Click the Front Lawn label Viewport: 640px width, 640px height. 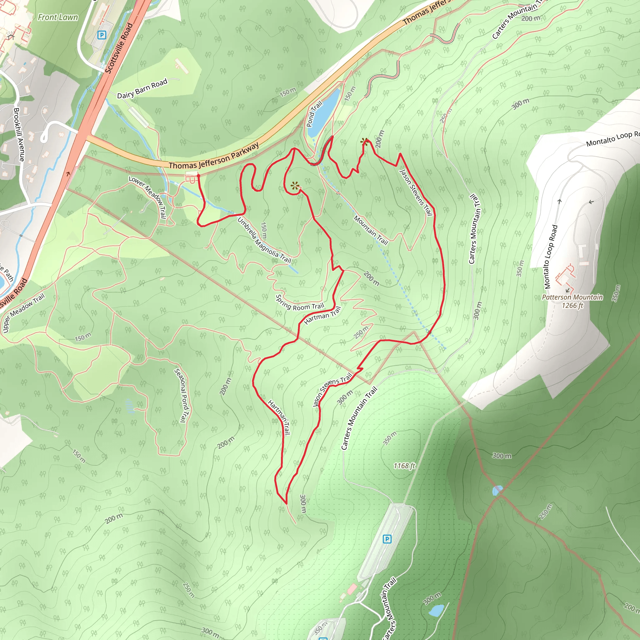[58, 17]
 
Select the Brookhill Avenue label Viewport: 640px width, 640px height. [19, 134]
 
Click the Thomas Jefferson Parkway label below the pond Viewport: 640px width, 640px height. [214, 156]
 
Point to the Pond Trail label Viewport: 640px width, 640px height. [314, 114]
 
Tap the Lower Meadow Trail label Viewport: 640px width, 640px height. [148, 197]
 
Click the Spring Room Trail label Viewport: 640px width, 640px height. [299, 303]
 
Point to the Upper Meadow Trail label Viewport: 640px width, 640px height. [23, 313]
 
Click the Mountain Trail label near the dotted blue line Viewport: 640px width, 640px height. [371, 230]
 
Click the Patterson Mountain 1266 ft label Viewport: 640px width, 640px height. [572, 301]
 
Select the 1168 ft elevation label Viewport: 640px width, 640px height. [404, 466]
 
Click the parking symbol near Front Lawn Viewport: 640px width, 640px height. [102, 35]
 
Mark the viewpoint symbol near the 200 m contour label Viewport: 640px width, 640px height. [364, 142]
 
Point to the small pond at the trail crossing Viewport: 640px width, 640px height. [497, 490]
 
